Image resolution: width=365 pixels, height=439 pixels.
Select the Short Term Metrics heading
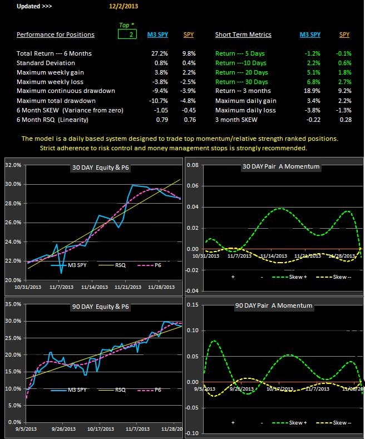243,34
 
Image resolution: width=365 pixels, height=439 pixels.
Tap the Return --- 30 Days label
241,82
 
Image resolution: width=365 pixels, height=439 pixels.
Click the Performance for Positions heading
56,34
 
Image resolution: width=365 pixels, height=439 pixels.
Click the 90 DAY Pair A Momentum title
274,306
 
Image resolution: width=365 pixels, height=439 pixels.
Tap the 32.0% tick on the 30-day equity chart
13,165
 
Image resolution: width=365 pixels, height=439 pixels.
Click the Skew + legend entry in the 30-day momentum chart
292,276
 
